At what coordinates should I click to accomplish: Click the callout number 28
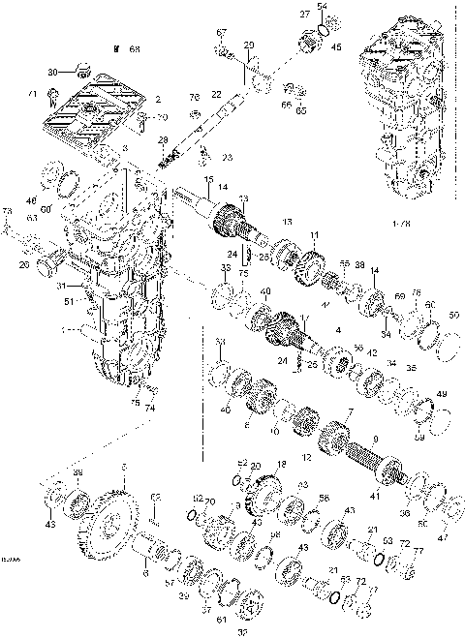tap(163, 140)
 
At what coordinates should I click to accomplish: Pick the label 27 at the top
tap(304, 15)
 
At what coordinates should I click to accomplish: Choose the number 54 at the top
tap(323, 7)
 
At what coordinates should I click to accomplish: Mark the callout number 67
tap(220, 34)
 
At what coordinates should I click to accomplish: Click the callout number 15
tap(207, 180)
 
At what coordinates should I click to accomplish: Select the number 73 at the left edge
tap(6, 211)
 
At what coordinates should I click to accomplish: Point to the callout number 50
tap(454, 315)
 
